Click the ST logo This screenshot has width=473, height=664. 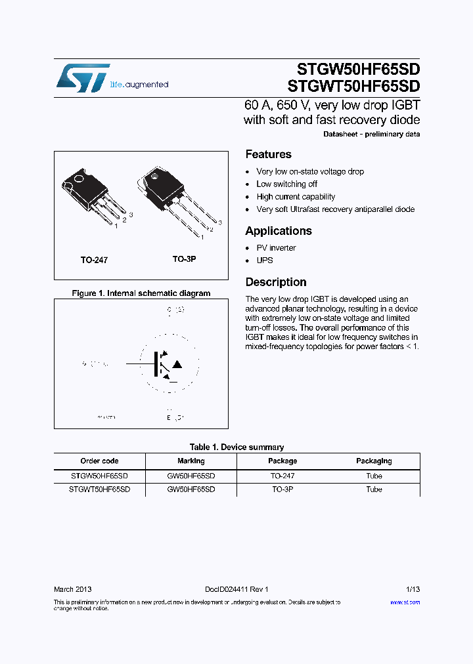coord(82,78)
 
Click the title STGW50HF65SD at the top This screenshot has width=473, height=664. coord(354,69)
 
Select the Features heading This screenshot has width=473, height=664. coord(268,154)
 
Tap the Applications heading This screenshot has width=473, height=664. coord(278,231)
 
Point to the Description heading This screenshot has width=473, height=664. coord(275,282)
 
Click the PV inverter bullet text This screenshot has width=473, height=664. coord(276,248)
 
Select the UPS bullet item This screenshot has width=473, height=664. coord(265,260)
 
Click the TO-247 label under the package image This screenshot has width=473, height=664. coord(94,260)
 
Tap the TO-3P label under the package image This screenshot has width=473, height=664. coord(184,259)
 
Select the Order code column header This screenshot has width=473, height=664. coord(99,461)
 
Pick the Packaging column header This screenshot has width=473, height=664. coord(374,461)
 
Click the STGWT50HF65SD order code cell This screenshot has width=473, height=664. coord(99,489)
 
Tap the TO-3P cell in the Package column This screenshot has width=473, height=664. coord(282,489)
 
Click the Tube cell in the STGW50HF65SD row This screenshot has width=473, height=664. coord(374,476)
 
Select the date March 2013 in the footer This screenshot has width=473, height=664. coord(72,590)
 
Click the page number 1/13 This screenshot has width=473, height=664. coord(413,590)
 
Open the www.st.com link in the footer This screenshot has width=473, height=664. coord(405,602)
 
